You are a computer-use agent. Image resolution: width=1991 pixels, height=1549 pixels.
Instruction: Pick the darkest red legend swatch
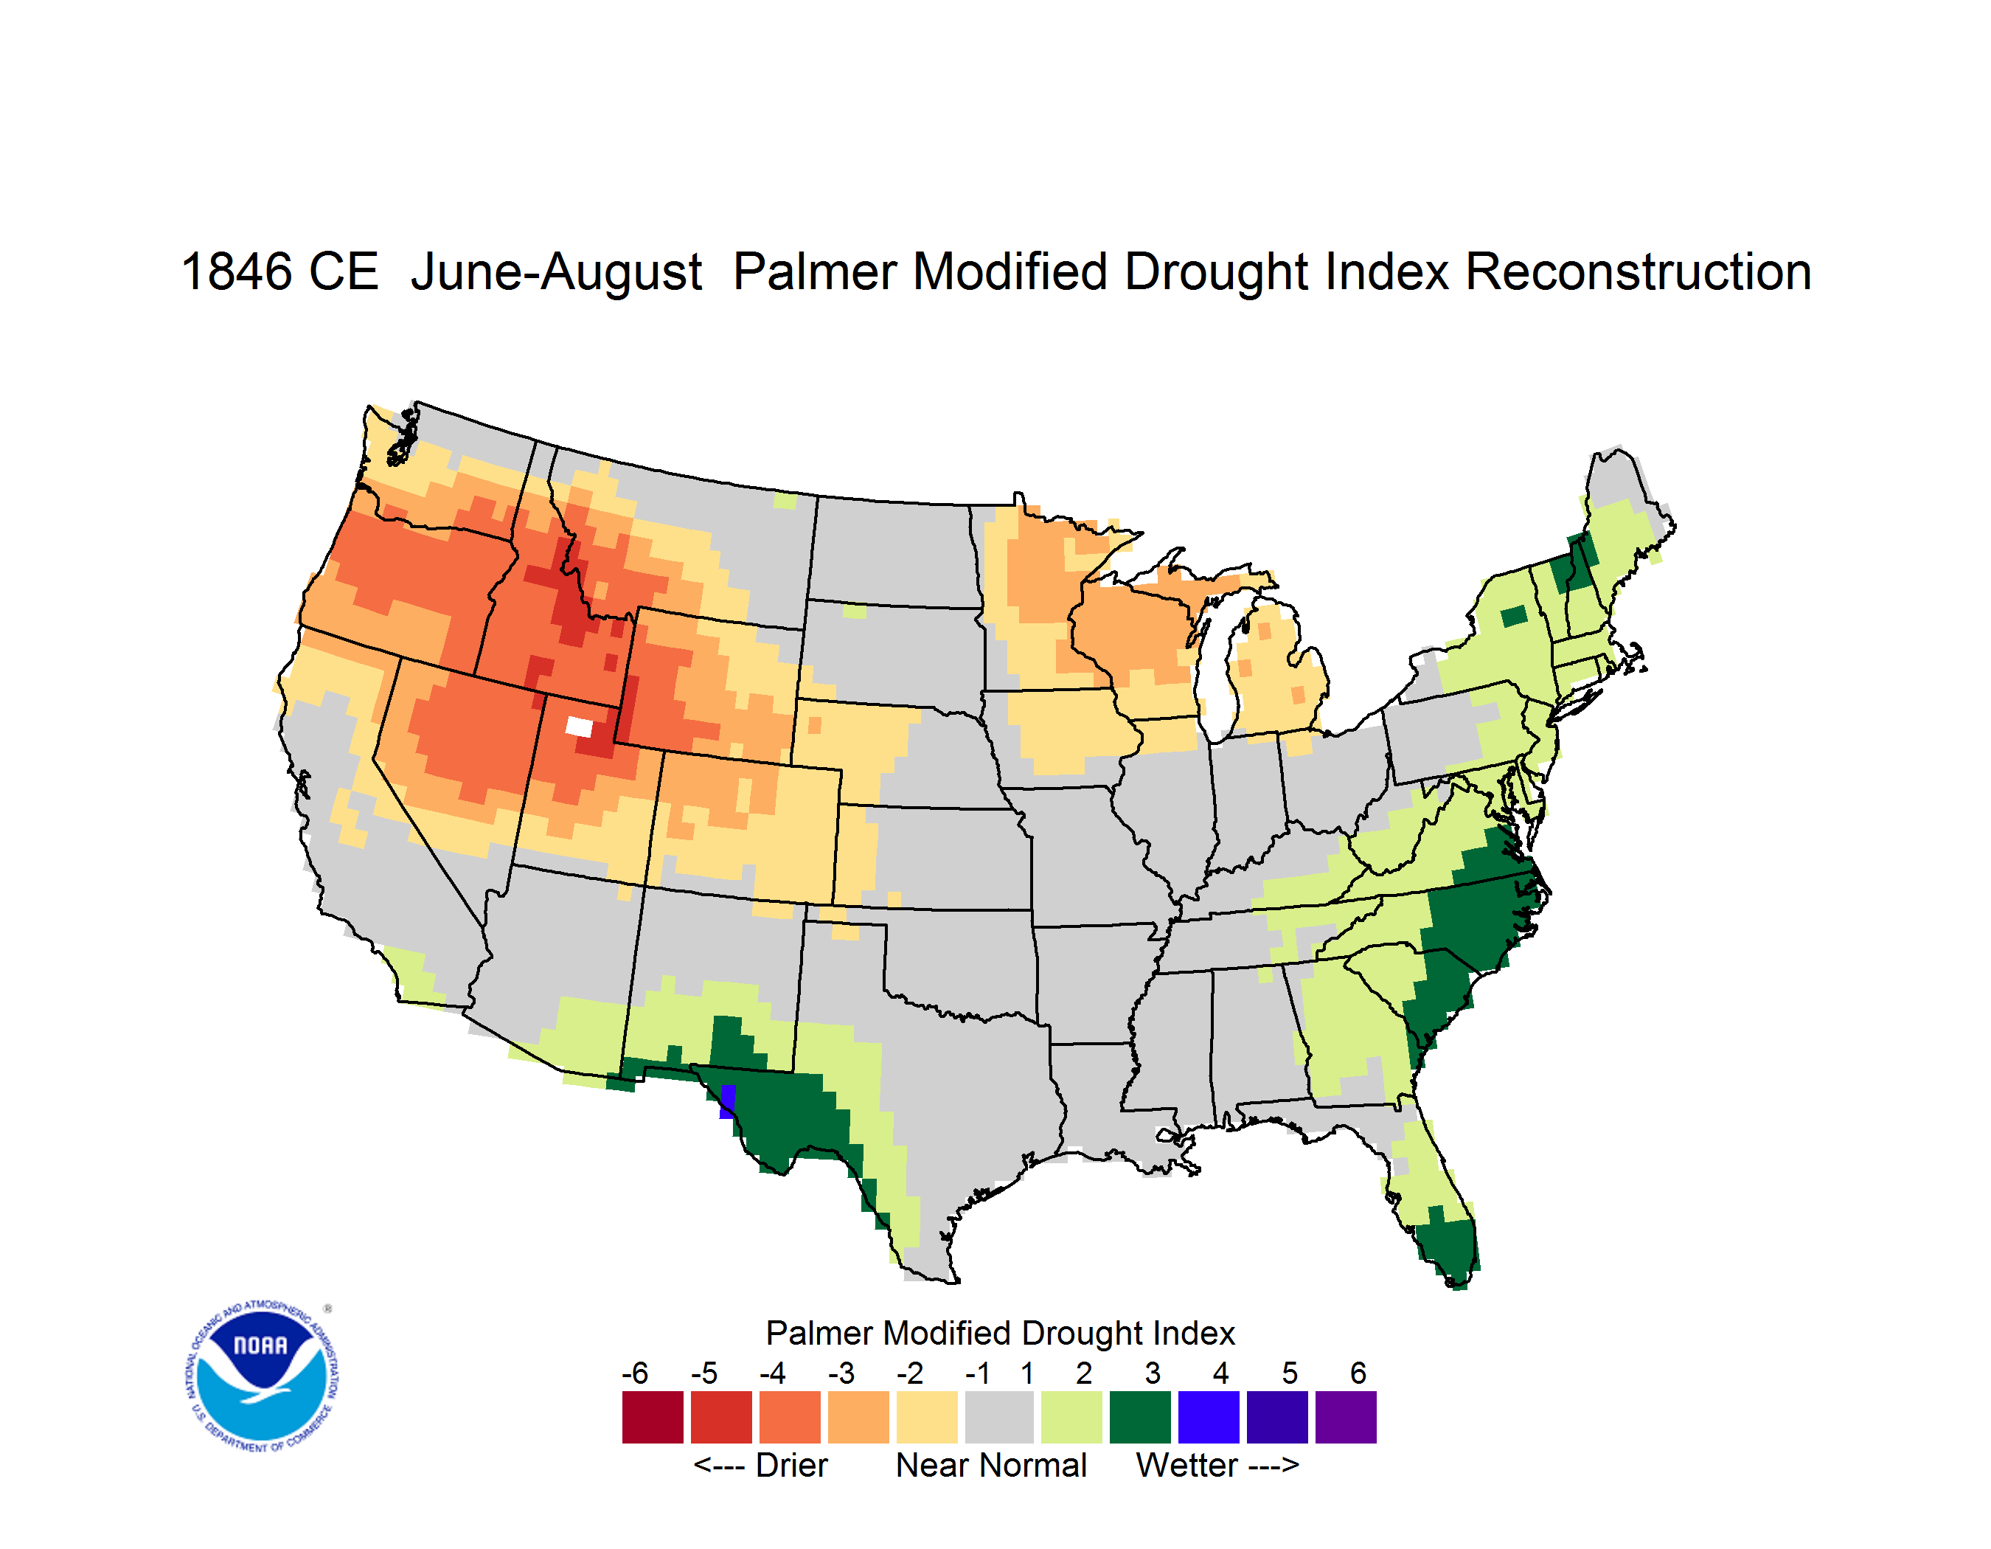click(653, 1417)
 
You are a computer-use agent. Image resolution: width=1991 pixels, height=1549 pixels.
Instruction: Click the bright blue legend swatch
click(1209, 1417)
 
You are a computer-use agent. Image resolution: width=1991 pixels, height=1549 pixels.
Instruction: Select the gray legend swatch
click(999, 1417)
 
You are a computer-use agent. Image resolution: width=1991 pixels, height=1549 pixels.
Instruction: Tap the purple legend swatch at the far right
click(1346, 1417)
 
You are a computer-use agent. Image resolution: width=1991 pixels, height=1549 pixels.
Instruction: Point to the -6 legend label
click(636, 1373)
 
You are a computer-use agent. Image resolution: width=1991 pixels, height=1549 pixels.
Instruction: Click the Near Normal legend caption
click(992, 1465)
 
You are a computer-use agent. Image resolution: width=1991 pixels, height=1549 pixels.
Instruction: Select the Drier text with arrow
click(761, 1465)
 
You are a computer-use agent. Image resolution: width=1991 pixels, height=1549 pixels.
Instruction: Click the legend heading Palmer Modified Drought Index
click(1000, 1333)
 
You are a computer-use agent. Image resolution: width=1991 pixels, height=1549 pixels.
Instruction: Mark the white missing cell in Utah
click(579, 727)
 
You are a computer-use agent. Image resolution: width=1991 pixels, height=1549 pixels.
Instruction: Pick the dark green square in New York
click(1513, 617)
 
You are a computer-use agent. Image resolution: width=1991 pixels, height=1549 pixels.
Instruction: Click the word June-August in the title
click(557, 271)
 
